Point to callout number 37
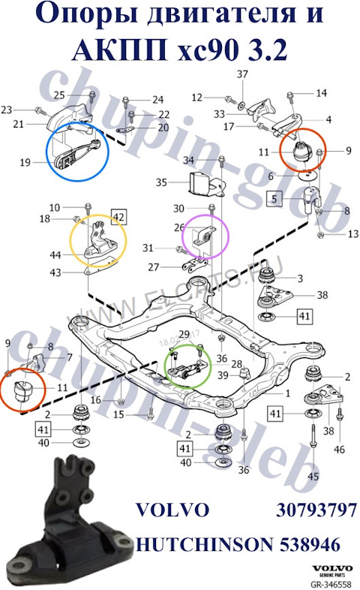tap(242, 74)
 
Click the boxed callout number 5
tap(276, 200)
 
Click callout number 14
tap(321, 93)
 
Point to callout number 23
tap(7, 110)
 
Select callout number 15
tap(118, 414)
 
